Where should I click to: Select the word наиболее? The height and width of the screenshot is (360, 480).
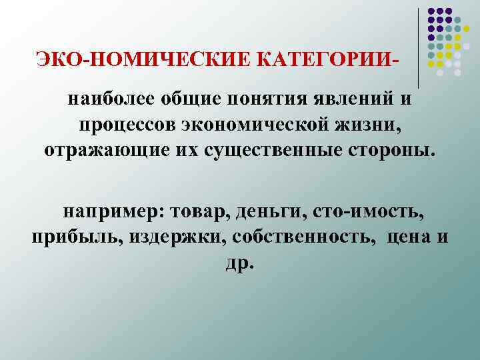105,100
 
